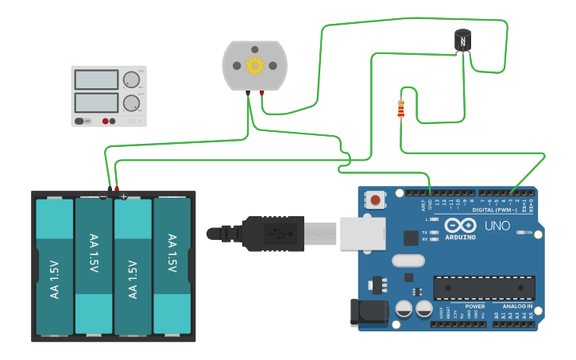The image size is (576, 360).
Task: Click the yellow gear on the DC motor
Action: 255,65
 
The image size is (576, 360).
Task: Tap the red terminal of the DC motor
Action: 261,93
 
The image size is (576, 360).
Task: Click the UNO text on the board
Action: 497,226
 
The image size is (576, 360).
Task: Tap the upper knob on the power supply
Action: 130,79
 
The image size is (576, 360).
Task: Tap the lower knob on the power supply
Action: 130,103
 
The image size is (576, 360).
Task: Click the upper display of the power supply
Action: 96,79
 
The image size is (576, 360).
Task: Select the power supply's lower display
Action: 96,103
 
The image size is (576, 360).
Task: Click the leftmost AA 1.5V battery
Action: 55,267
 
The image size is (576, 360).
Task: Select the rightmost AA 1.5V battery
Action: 172,266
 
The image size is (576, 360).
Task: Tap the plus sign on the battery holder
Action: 124,196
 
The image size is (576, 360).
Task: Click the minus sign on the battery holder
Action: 103,196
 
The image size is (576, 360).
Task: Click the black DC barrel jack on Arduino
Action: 368,312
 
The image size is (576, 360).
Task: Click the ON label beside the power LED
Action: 528,233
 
